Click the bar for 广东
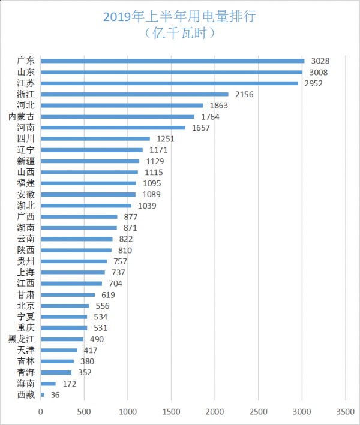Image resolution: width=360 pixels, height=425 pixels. [x=172, y=61]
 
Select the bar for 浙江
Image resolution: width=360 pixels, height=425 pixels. [x=134, y=94]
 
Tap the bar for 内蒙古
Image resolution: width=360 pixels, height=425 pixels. [x=118, y=116]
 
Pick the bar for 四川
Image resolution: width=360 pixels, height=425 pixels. [x=95, y=138]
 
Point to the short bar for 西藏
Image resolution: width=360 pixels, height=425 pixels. [x=42, y=394]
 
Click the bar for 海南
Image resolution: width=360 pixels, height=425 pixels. [x=48, y=384]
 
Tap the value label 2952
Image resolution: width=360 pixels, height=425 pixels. [x=313, y=83]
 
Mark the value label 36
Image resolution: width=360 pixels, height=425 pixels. [x=55, y=394]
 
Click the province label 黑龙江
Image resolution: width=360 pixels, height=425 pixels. [x=21, y=339]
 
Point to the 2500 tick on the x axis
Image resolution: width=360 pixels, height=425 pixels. [x=259, y=412]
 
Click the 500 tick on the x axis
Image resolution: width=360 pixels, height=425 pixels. [x=84, y=412]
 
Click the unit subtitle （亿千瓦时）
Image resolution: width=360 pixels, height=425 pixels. [x=180, y=34]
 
